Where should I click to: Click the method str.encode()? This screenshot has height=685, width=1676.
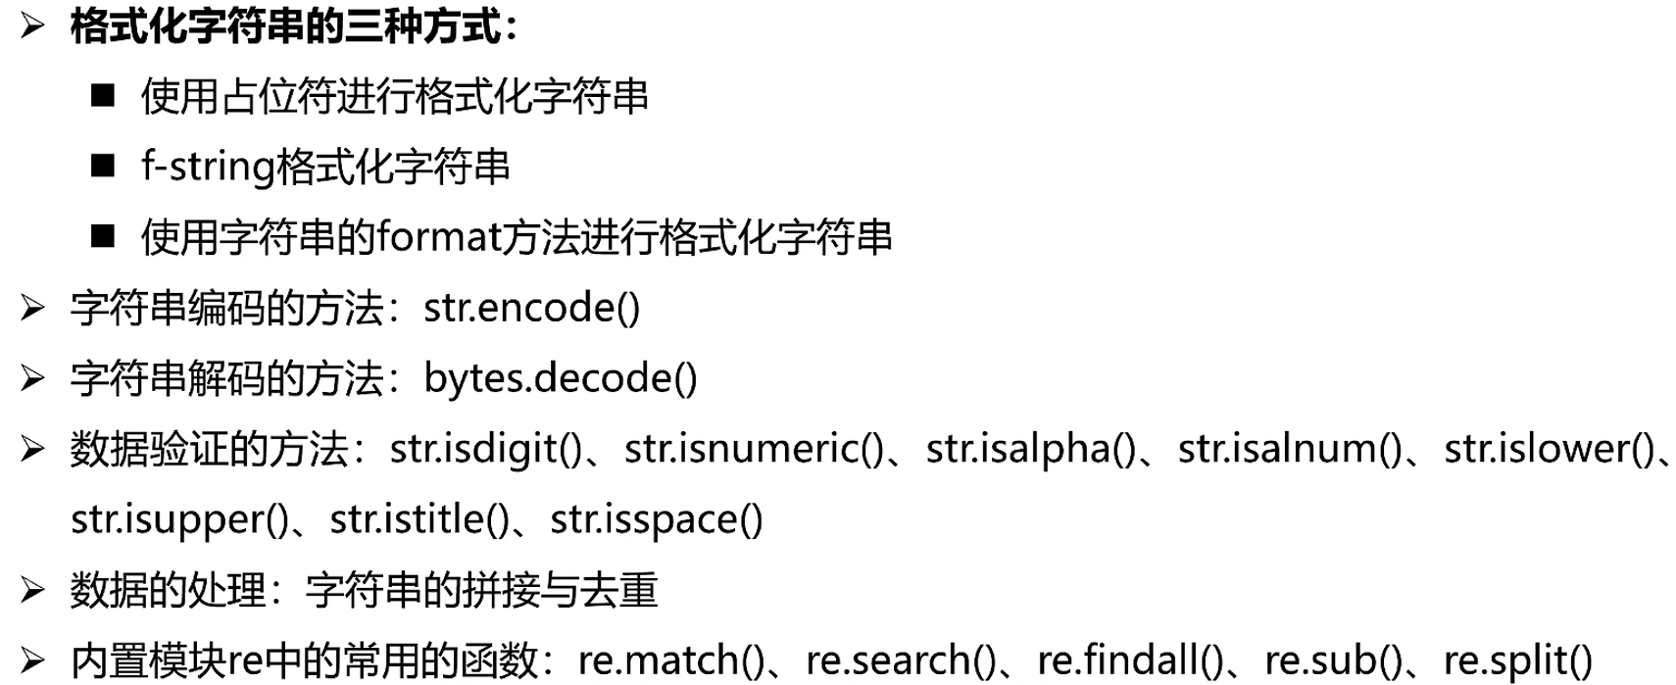tap(531, 308)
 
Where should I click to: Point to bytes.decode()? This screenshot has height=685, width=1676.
tap(560, 378)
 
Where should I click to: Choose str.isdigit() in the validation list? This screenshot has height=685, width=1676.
tap(486, 449)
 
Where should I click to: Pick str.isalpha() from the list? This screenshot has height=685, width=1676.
tap(1031, 449)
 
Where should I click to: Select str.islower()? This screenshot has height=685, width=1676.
tap(1550, 449)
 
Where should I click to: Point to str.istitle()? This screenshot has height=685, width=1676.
tap(419, 519)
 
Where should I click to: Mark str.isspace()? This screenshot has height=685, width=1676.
tap(656, 519)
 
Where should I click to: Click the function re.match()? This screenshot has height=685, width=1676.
tap(670, 661)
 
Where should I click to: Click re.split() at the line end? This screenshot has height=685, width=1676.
tap(1518, 661)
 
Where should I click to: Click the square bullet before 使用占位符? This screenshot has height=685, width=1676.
tap(103, 96)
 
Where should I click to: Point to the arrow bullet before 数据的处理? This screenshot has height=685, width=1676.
tap(32, 590)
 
